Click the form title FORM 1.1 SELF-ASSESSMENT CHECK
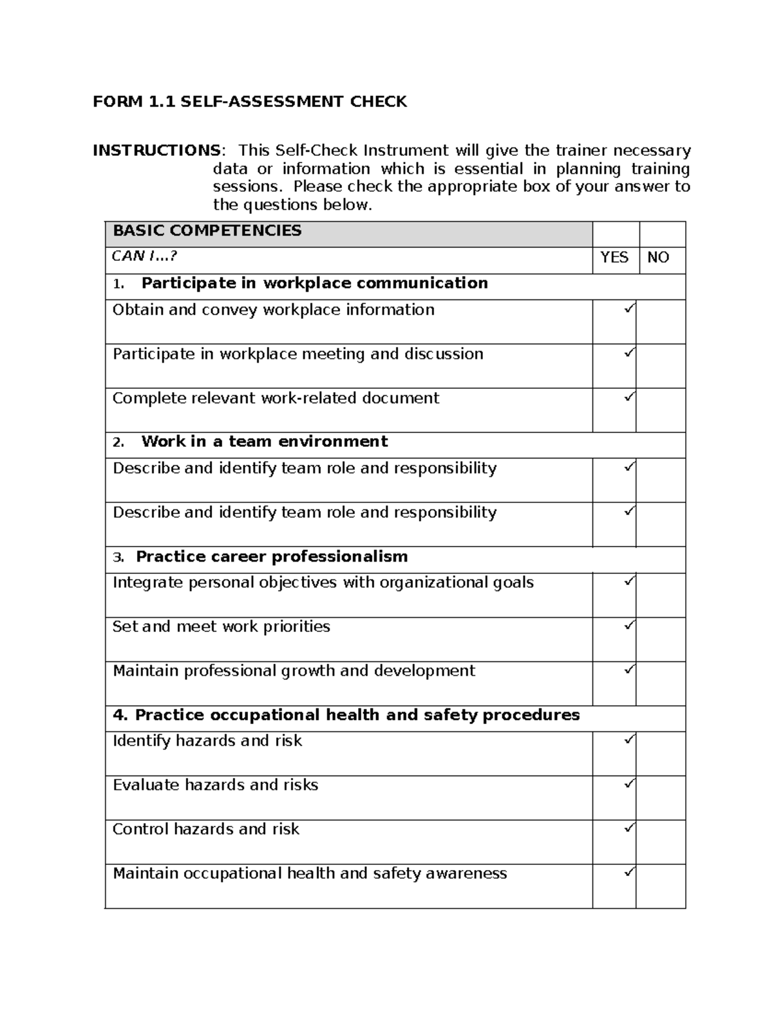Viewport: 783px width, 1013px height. [249, 102]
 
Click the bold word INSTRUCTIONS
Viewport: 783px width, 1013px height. [156, 151]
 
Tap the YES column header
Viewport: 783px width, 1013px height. [614, 258]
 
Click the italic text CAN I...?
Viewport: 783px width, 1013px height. [144, 256]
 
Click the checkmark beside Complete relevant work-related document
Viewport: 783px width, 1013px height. [629, 397]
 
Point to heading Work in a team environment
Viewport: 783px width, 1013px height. [264, 442]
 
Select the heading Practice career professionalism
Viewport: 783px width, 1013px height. [271, 557]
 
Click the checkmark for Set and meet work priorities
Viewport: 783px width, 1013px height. [629, 626]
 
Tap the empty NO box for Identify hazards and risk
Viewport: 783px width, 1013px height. [660, 753]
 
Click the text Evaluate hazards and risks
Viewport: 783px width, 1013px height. [215, 785]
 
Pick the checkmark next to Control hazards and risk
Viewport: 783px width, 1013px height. [629, 828]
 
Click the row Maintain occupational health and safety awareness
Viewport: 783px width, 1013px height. [309, 873]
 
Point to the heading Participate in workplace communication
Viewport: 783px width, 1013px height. [314, 283]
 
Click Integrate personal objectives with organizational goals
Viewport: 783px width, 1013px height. [323, 582]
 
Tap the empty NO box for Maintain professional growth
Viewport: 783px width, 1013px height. [660, 684]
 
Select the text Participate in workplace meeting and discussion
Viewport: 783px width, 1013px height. [298, 354]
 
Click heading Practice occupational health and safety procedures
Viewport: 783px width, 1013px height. [346, 716]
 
